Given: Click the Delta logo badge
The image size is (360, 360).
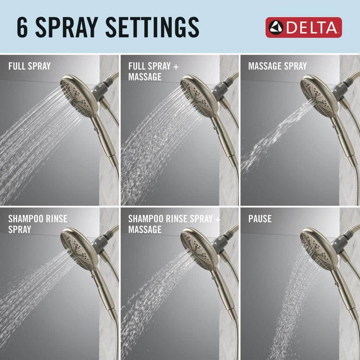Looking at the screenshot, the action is (x=303, y=27).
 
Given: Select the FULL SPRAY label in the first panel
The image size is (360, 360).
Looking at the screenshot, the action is (x=30, y=66).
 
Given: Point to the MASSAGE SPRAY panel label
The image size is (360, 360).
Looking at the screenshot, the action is (x=277, y=66).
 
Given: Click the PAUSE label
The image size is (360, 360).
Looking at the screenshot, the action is (x=260, y=219).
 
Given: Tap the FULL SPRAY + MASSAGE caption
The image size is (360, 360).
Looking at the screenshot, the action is (x=153, y=71).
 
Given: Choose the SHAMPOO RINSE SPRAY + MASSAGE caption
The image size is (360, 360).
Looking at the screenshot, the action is (x=174, y=224).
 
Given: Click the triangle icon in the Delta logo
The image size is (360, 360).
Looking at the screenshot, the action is (x=276, y=28).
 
